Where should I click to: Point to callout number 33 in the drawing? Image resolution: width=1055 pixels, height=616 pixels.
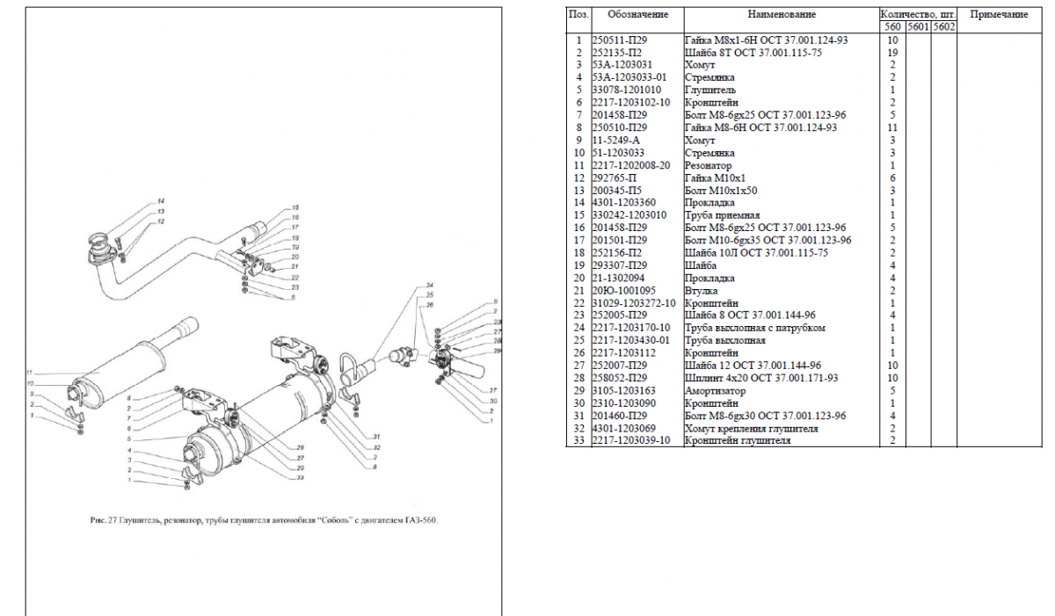300,477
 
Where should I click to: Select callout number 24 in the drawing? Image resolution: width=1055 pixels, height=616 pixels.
431,286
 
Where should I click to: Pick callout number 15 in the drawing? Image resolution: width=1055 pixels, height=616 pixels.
295,207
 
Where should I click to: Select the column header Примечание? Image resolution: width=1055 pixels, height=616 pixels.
999,14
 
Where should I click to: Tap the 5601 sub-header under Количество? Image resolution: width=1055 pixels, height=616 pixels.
918,27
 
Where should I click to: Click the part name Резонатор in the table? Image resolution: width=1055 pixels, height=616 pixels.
708,165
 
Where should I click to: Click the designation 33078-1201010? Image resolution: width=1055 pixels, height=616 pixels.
627,90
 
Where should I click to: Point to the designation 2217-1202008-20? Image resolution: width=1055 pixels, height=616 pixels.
632,165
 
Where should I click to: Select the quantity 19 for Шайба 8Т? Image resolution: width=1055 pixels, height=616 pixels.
891,52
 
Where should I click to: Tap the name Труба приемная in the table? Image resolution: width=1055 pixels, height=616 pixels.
722,215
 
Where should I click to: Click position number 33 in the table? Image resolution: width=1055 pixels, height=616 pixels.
578,440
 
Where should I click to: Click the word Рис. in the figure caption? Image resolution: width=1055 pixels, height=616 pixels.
98,519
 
